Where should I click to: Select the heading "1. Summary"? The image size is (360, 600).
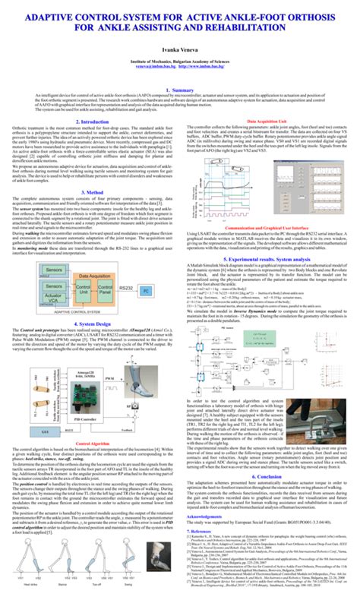coord(180,89)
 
